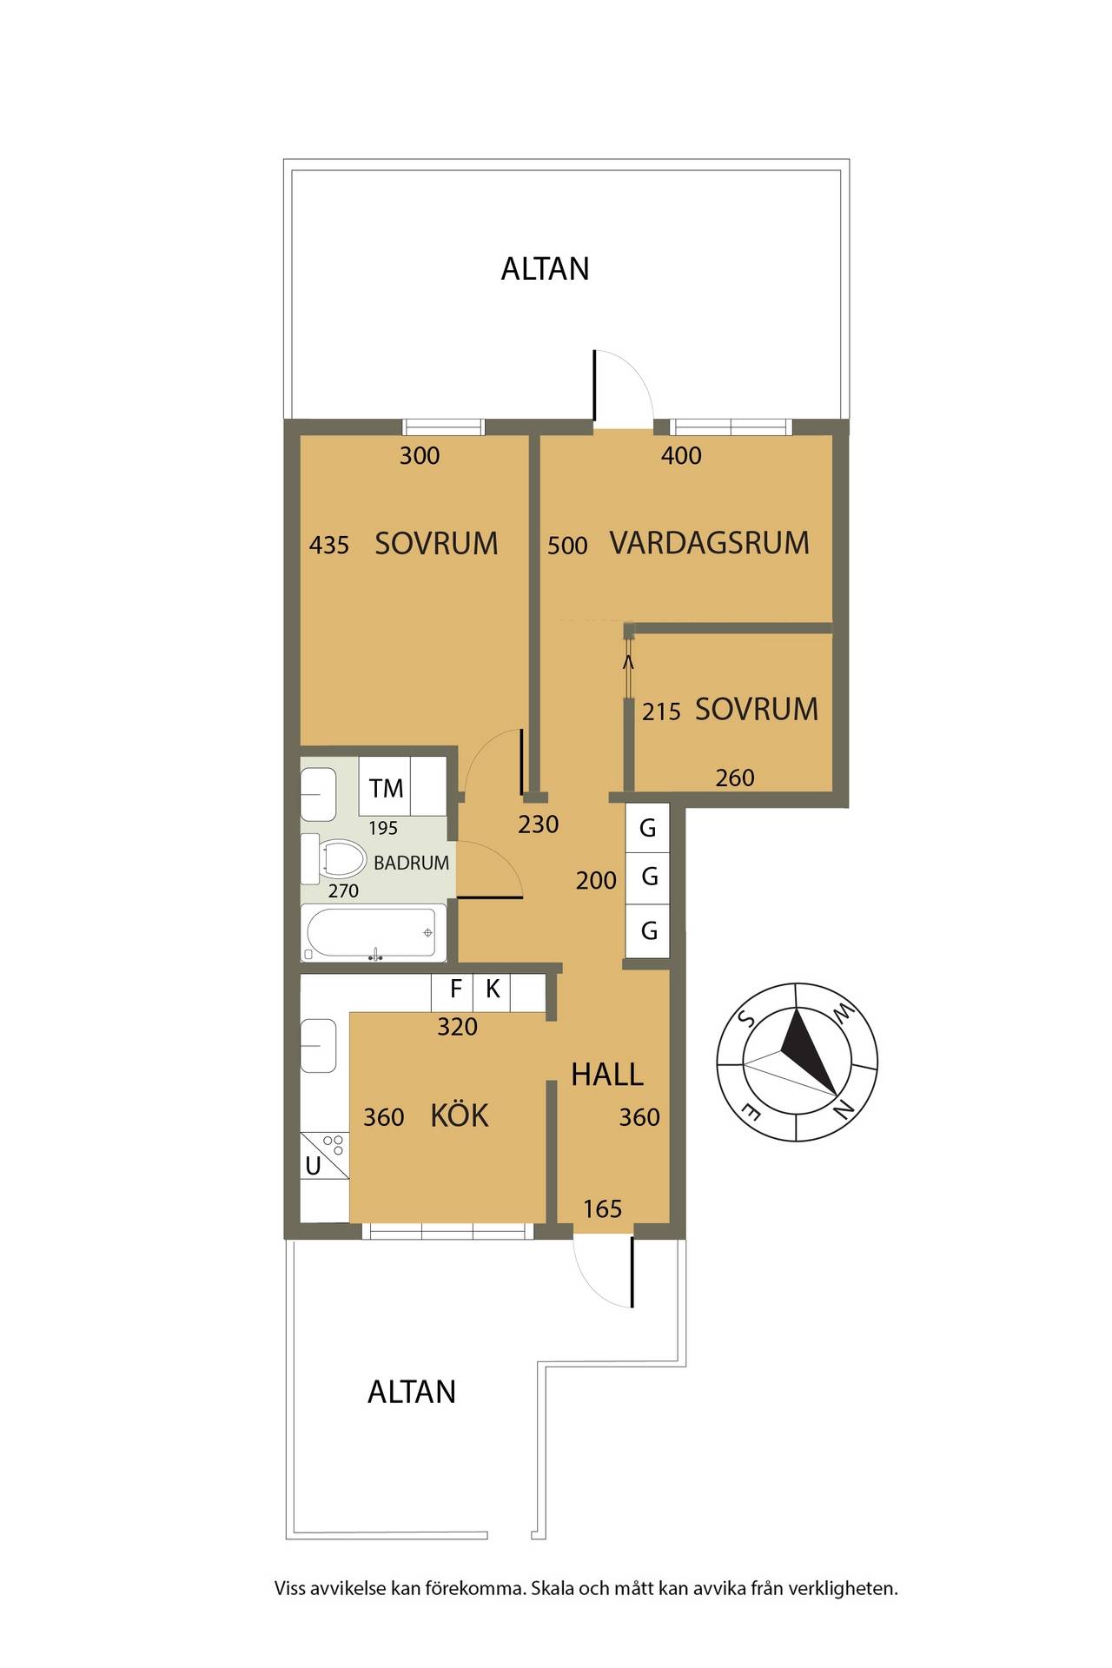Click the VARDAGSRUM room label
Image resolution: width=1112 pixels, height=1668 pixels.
coord(709,543)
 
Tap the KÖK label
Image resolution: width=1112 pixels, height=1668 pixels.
coord(460,1115)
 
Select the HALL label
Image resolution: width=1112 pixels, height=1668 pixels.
coord(606,1075)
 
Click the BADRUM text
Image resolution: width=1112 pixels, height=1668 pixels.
coord(411,863)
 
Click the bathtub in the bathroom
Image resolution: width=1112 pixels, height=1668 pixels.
coord(374,933)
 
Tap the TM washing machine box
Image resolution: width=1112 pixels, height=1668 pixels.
coord(386,788)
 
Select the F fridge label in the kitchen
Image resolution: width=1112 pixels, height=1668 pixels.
coord(455,989)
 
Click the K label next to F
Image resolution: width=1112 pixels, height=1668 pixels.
coord(493,989)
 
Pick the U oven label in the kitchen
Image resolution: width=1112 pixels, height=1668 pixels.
coord(313,1166)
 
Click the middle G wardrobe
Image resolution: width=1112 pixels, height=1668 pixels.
coord(648,877)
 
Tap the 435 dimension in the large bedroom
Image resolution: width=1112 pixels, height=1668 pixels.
coord(329,545)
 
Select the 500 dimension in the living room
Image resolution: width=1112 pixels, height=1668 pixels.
coord(567,545)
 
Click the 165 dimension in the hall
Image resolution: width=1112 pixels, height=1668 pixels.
coord(602,1208)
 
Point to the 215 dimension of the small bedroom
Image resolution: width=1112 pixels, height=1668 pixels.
coord(661,712)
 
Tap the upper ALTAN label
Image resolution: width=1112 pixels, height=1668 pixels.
coord(545,268)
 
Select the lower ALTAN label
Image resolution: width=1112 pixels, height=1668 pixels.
coord(411,1392)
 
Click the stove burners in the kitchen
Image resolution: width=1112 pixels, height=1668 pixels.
coord(333,1144)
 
